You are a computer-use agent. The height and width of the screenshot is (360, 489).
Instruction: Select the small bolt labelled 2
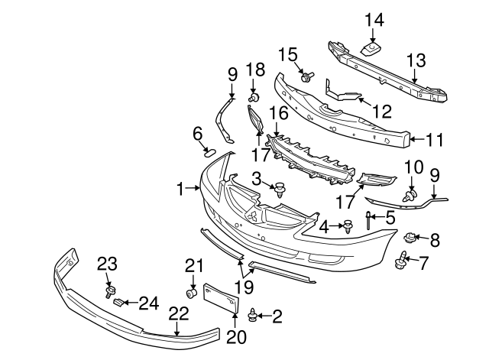pyautogui.click(x=254, y=314)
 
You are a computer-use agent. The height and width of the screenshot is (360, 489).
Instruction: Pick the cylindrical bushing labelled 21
pyautogui.click(x=194, y=293)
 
